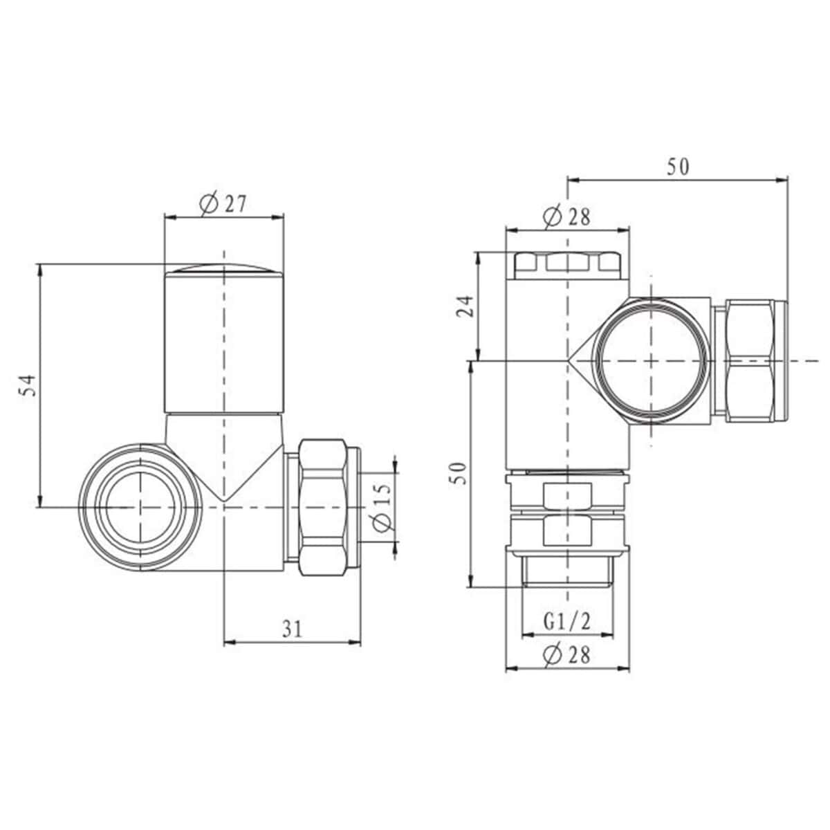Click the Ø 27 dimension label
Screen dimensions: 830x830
pos(223,204)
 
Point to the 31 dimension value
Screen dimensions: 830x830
pos(293,628)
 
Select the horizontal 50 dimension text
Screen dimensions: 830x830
pos(678,167)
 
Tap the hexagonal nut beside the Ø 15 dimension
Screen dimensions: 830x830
pos(322,506)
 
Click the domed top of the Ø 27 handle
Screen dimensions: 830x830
pos(224,269)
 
